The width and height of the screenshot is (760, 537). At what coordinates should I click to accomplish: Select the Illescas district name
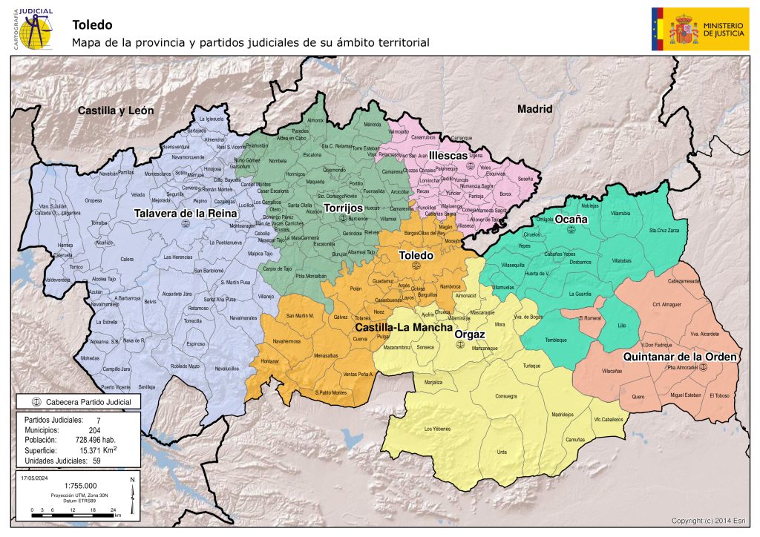click(x=448, y=156)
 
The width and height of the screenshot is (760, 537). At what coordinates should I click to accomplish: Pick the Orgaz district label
click(x=469, y=335)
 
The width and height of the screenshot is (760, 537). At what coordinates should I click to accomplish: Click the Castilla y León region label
click(x=117, y=111)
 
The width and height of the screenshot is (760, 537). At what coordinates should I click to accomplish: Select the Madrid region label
click(x=535, y=108)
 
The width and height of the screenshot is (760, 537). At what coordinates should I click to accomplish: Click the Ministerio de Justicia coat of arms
click(x=684, y=29)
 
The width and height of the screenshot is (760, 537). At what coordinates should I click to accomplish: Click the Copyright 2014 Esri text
click(x=712, y=520)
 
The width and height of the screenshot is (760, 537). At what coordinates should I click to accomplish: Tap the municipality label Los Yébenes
click(x=436, y=429)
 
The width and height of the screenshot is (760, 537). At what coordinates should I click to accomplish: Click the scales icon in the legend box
click(x=36, y=402)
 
